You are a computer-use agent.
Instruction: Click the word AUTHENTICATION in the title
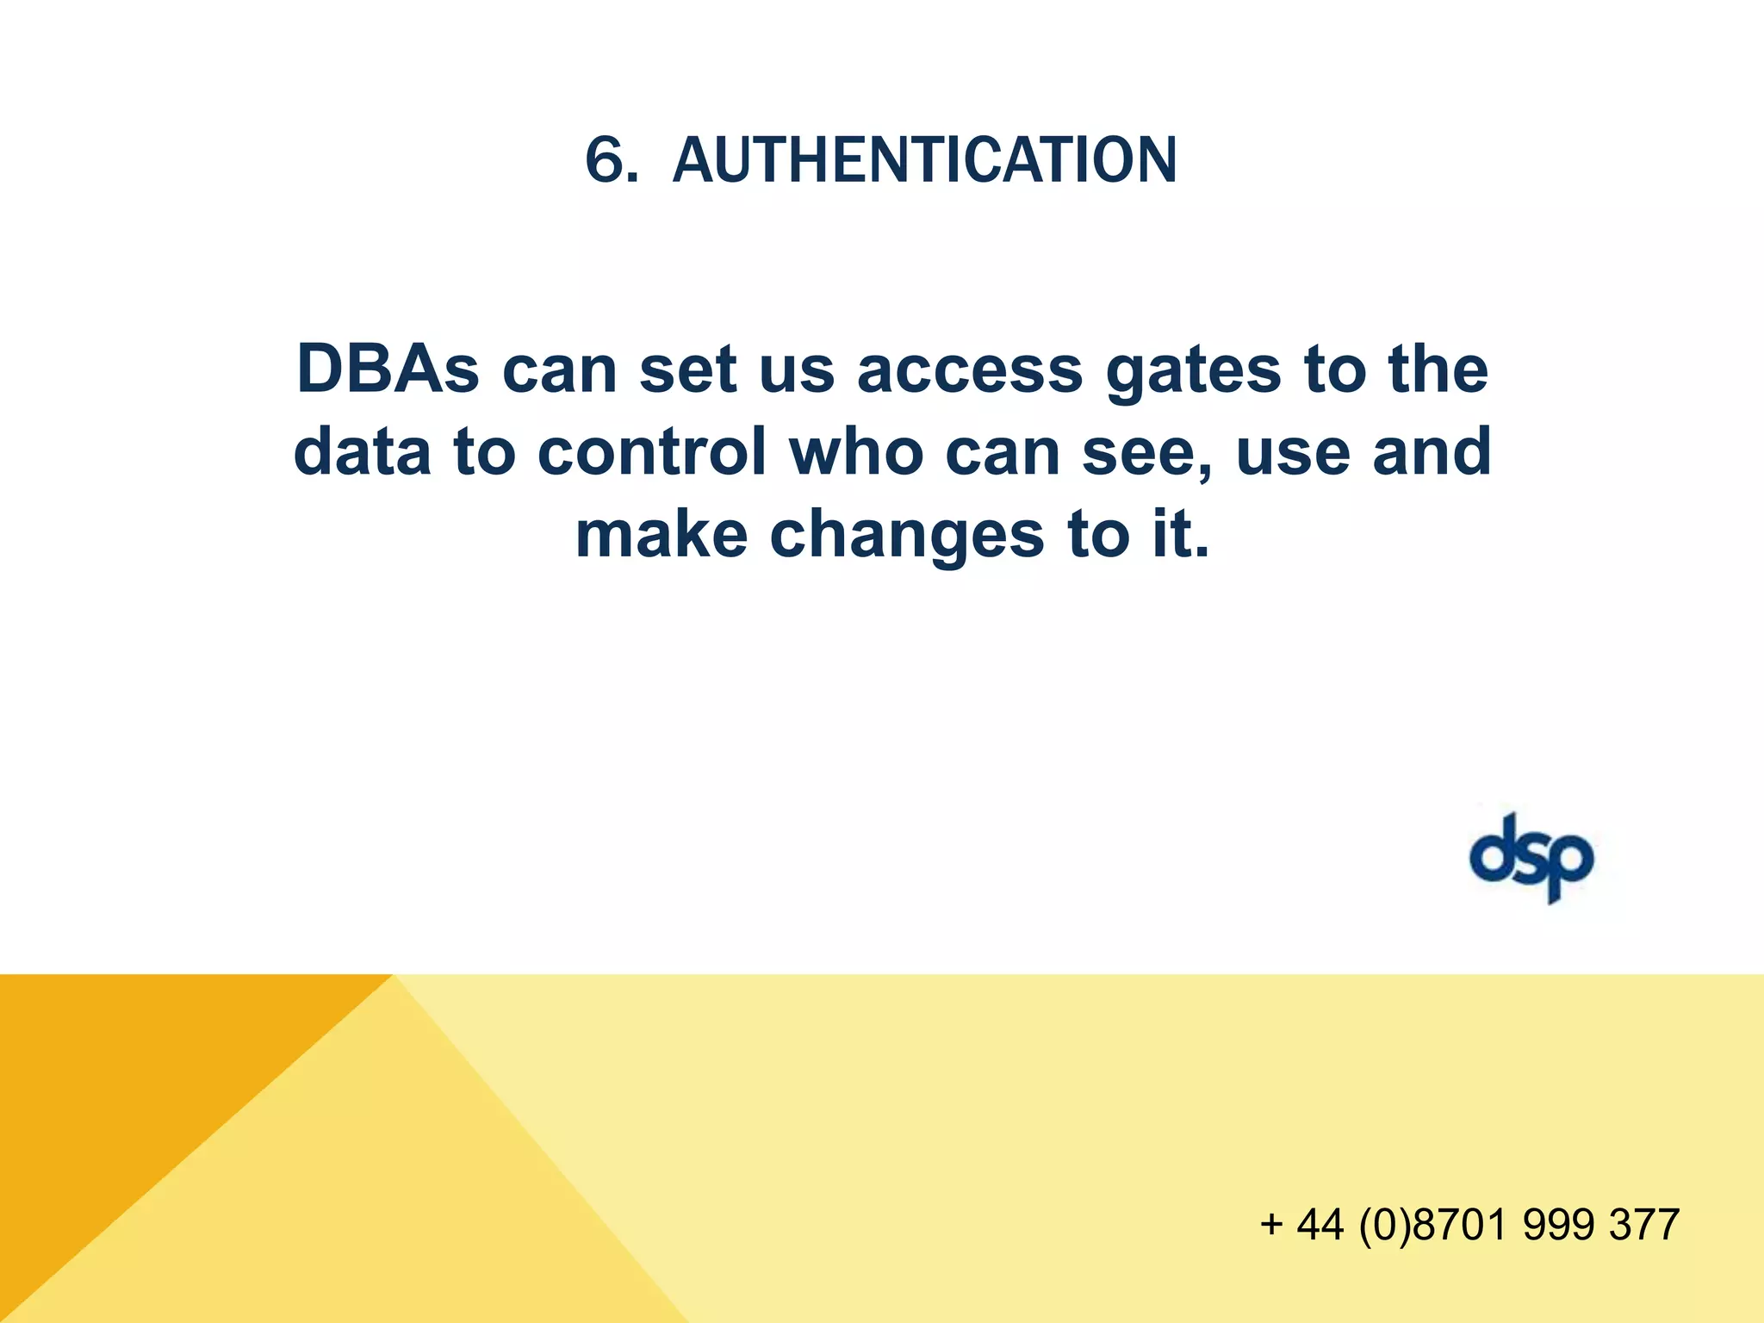point(924,161)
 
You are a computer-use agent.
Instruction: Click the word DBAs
point(388,370)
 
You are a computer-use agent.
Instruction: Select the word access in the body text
point(970,371)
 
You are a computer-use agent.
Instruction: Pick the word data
point(363,452)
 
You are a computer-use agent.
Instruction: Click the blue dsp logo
point(1531,858)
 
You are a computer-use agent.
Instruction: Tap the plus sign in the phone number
point(1271,1224)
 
